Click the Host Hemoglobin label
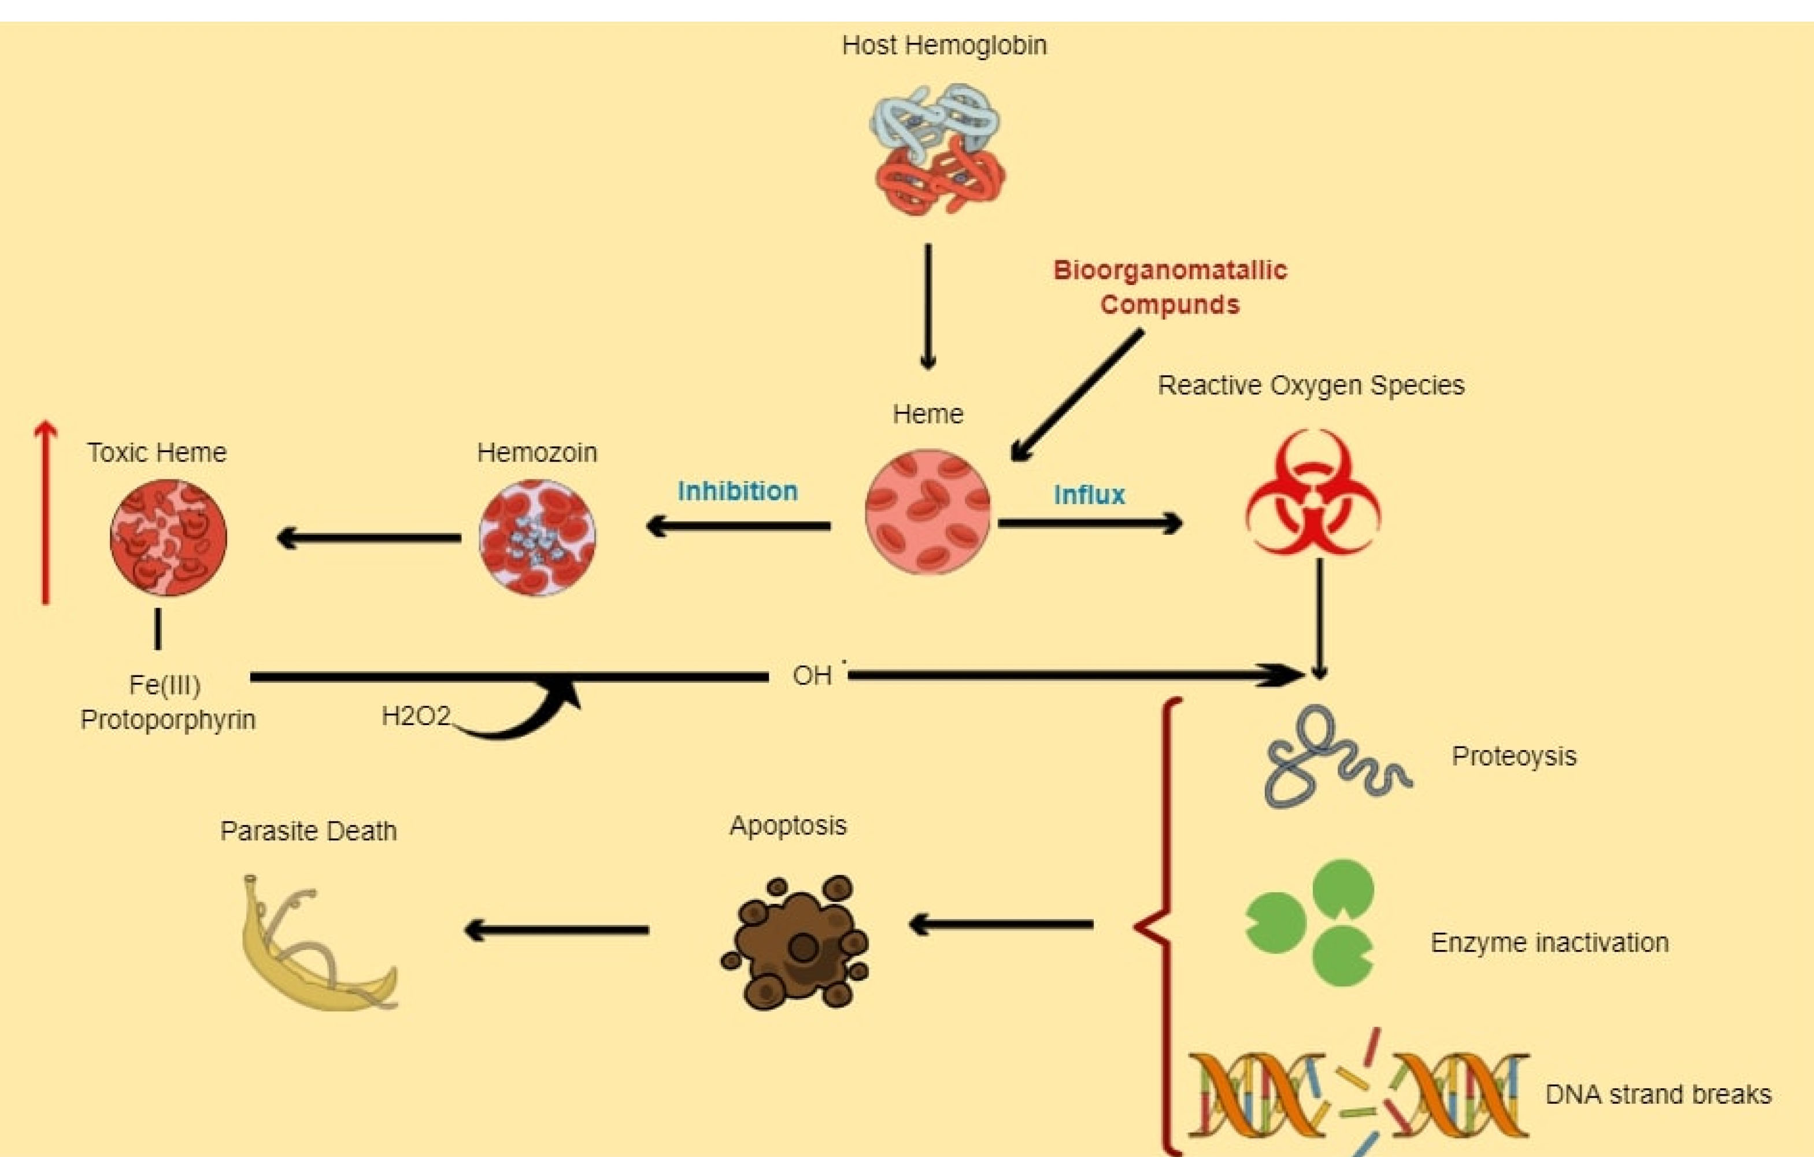[x=944, y=45]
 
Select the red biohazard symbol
[x=1312, y=493]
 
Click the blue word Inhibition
[x=738, y=491]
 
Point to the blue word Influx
[x=1089, y=495]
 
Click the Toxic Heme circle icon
[x=168, y=537]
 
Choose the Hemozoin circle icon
[x=537, y=537]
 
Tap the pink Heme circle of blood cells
[x=928, y=512]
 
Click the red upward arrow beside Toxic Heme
[x=46, y=512]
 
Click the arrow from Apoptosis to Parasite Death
[x=557, y=930]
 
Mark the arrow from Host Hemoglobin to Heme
[x=928, y=306]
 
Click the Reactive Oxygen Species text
[x=1310, y=386]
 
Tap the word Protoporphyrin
[x=168, y=720]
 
